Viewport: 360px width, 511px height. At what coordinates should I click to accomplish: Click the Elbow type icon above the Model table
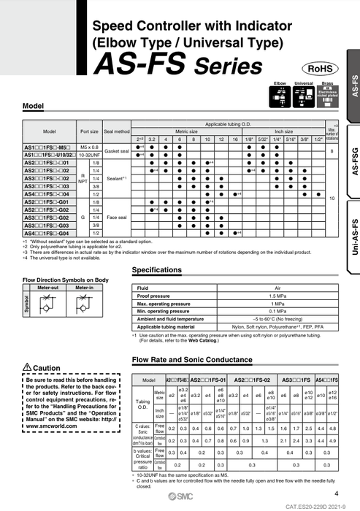point(280,98)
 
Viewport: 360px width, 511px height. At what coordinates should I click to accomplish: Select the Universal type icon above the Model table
point(303,98)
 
